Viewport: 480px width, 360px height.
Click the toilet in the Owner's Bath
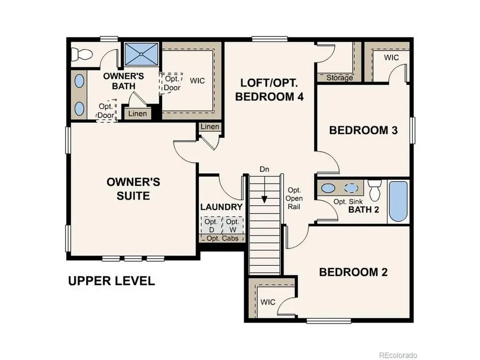[x=82, y=54]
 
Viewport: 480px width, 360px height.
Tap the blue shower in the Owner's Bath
[x=142, y=54]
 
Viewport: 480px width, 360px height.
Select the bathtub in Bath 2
[x=398, y=201]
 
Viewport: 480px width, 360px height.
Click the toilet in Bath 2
[x=375, y=190]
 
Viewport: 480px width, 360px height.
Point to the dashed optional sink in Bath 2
[x=351, y=187]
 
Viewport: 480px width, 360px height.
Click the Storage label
[x=339, y=78]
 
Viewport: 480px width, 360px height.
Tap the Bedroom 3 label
[x=363, y=130]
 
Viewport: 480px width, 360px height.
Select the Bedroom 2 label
[x=353, y=272]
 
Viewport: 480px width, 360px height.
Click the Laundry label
[x=221, y=207]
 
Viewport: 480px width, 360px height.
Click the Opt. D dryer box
[x=211, y=225]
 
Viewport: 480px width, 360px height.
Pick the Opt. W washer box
[x=232, y=225]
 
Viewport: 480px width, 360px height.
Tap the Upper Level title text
[x=112, y=281]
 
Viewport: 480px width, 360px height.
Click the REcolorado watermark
[x=398, y=355]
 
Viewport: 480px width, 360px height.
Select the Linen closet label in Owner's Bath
[x=137, y=113]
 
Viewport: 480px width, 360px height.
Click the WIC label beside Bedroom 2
[x=268, y=302]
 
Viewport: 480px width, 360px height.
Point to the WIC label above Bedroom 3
[x=391, y=58]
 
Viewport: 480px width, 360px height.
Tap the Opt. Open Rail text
[x=294, y=198]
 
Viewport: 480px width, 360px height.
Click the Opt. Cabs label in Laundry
[x=223, y=238]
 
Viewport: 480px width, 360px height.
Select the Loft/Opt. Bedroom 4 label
[x=270, y=90]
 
